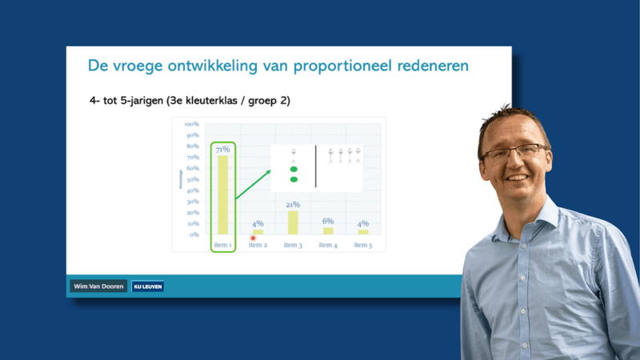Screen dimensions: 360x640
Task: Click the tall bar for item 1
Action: click(x=223, y=194)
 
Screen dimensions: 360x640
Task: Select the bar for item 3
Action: click(x=293, y=222)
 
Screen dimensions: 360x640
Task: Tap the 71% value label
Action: click(x=222, y=150)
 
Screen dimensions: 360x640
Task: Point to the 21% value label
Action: click(x=293, y=205)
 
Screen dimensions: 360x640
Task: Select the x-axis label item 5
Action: click(x=363, y=245)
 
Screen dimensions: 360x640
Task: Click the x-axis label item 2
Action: click(x=258, y=245)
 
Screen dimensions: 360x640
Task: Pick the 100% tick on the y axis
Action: click(x=191, y=125)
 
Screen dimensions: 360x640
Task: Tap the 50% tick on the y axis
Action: click(x=192, y=180)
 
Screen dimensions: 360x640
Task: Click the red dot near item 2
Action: click(x=254, y=238)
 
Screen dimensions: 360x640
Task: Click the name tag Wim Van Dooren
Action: click(x=98, y=286)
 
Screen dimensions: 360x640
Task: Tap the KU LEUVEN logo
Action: click(x=148, y=286)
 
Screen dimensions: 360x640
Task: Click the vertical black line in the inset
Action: click(x=316, y=166)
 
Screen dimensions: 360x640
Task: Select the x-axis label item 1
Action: click(x=222, y=245)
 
